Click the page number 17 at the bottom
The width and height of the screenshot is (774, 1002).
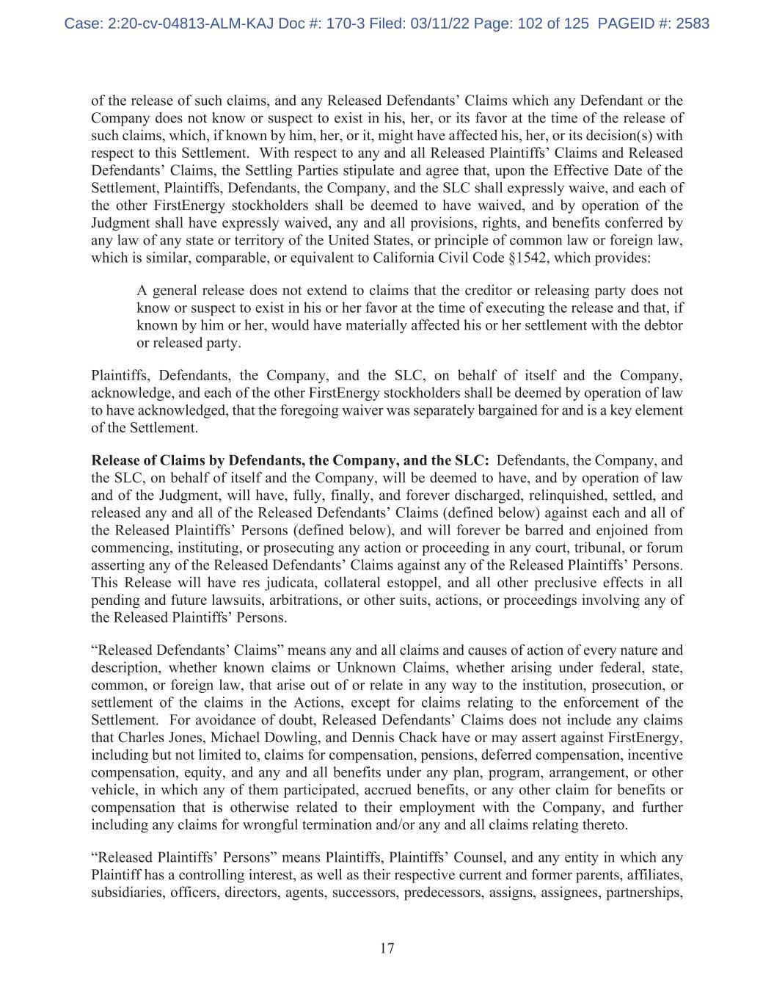click(x=387, y=948)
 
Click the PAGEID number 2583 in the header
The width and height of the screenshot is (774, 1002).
click(x=690, y=23)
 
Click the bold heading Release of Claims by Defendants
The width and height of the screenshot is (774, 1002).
click(x=290, y=460)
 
